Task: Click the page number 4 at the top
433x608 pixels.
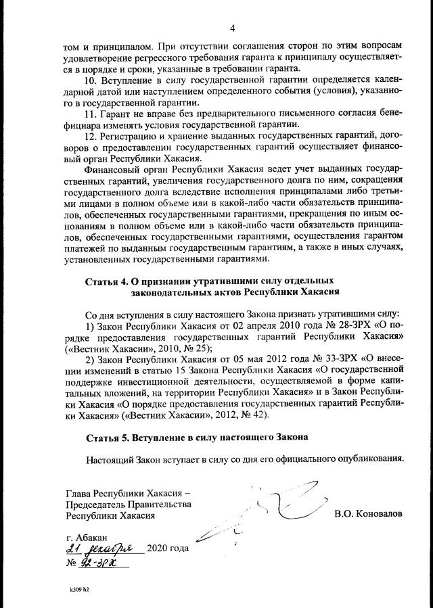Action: [232, 28]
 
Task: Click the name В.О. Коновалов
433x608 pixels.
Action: [368, 514]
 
